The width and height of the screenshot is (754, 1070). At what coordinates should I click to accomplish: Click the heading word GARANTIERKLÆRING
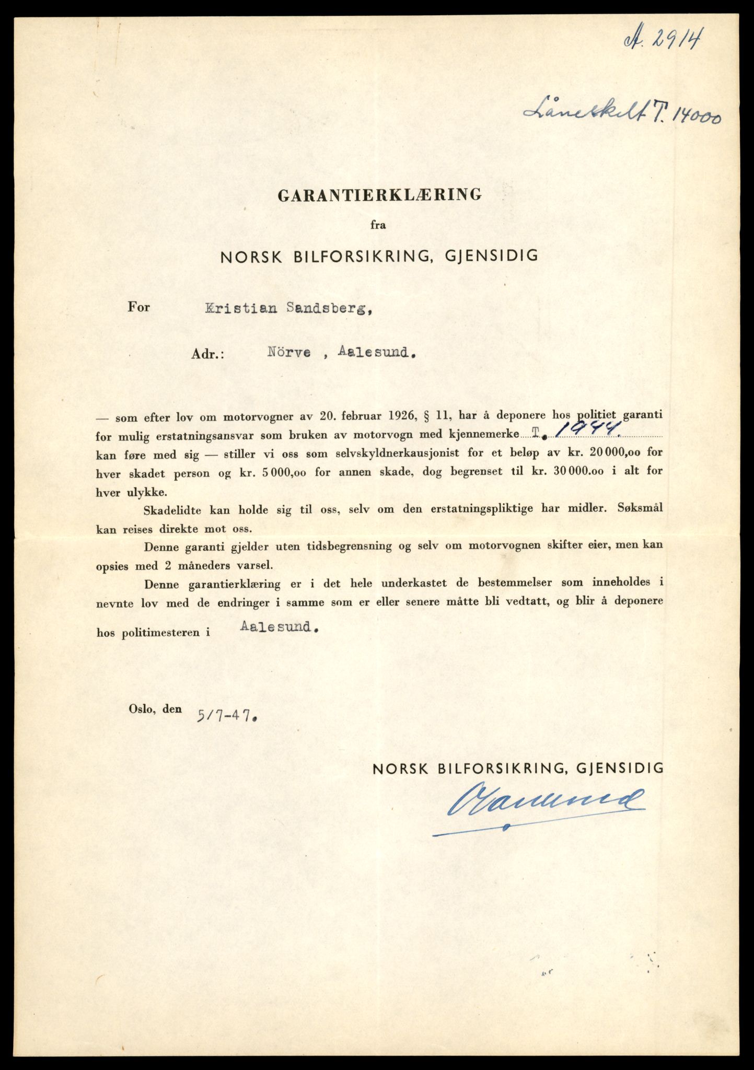(379, 195)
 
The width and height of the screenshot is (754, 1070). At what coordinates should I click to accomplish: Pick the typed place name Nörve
(289, 353)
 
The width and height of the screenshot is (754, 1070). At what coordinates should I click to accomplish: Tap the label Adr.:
(207, 354)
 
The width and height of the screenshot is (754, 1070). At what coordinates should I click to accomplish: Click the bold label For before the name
(138, 307)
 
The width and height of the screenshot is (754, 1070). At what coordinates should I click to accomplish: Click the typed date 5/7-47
(227, 715)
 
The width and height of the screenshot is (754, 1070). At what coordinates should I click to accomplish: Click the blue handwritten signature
(541, 801)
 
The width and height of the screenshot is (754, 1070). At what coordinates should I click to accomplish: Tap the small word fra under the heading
(378, 225)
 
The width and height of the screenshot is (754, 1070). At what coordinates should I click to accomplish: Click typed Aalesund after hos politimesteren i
(279, 627)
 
